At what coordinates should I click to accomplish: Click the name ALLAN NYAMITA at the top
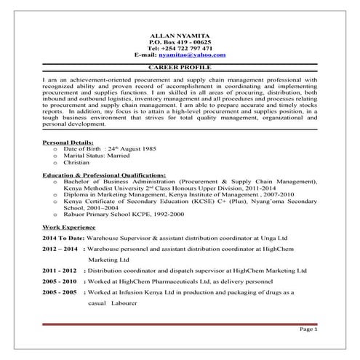(180, 36)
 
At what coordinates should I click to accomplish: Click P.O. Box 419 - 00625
(180, 42)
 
